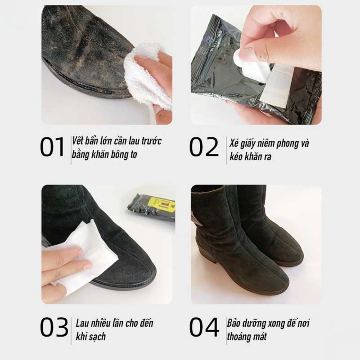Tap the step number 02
[x=204, y=147]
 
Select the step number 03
[x=54, y=327]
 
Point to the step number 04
[x=204, y=327]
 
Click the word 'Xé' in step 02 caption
[x=234, y=143]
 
